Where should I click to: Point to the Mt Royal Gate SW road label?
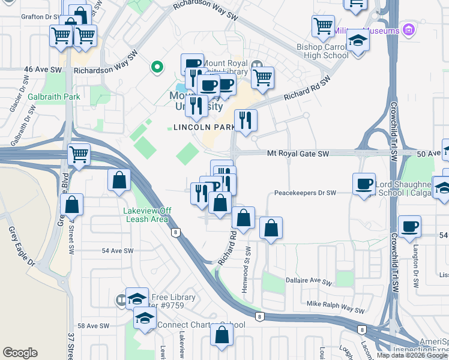coord(298,154)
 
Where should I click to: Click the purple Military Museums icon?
coord(408,29)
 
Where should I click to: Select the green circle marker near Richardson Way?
coord(157,67)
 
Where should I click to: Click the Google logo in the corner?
coord(20,353)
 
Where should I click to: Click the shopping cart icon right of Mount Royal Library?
coord(262,77)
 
